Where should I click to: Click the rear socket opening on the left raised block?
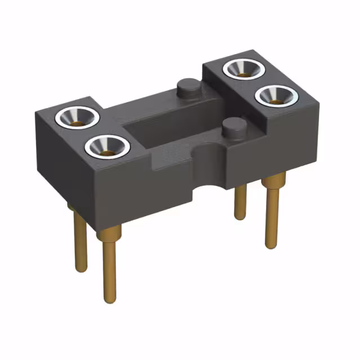coord(78,117)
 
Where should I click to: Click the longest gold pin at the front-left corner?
coord(110,264)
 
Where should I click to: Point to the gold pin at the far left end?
coord(80,242)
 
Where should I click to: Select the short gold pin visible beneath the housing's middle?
coord(240,202)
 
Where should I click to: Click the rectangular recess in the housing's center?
coord(163,127)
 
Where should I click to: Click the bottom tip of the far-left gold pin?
coord(82,269)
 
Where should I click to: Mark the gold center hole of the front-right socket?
coord(276,100)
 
